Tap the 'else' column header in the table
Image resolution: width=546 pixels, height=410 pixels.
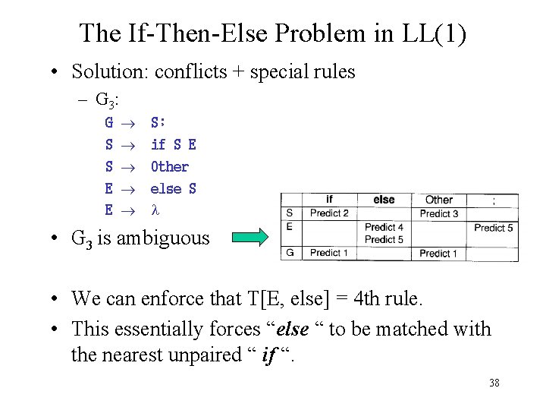click(x=384, y=200)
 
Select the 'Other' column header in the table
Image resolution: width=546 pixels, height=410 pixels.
click(x=439, y=200)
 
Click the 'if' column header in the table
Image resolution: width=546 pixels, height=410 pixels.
click(x=329, y=200)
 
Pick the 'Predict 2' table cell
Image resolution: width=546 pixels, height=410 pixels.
click(x=329, y=213)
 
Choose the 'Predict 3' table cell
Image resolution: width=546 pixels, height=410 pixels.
click(x=439, y=213)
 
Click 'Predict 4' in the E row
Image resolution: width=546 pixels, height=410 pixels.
click(x=384, y=227)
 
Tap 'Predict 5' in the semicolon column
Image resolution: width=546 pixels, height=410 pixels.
click(x=494, y=227)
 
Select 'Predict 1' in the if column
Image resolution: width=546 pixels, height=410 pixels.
click(x=329, y=253)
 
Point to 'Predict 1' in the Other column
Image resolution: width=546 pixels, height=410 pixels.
click(x=439, y=253)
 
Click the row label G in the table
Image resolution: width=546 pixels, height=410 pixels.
click(x=290, y=253)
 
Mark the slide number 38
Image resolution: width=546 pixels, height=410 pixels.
click(x=494, y=383)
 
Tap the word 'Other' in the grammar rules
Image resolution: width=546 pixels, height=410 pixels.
click(x=170, y=166)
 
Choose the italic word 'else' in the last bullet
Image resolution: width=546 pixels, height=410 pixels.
click(x=294, y=330)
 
